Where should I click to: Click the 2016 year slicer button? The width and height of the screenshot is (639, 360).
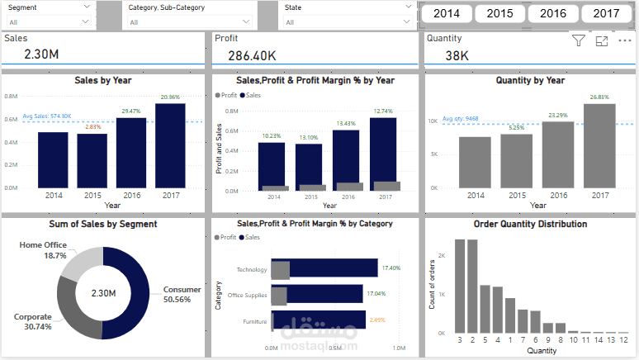(553, 13)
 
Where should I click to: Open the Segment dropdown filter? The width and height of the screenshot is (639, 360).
(50, 15)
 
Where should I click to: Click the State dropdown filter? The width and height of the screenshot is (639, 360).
(348, 15)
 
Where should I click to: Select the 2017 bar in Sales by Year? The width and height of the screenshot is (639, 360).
(170, 144)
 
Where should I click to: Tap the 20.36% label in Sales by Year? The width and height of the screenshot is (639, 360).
(170, 97)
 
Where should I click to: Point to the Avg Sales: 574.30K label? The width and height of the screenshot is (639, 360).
(47, 116)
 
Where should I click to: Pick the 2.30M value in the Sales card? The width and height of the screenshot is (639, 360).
(41, 55)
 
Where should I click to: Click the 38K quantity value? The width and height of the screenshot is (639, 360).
(457, 55)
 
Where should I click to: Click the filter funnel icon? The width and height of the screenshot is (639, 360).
(578, 40)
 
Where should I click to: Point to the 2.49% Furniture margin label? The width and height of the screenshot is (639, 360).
(377, 320)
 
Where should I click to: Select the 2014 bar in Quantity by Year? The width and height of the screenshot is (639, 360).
(476, 161)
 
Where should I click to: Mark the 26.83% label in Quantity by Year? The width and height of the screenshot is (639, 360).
(599, 97)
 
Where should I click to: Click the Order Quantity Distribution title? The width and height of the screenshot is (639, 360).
(530, 224)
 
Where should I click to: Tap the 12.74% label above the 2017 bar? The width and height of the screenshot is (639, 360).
(382, 111)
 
